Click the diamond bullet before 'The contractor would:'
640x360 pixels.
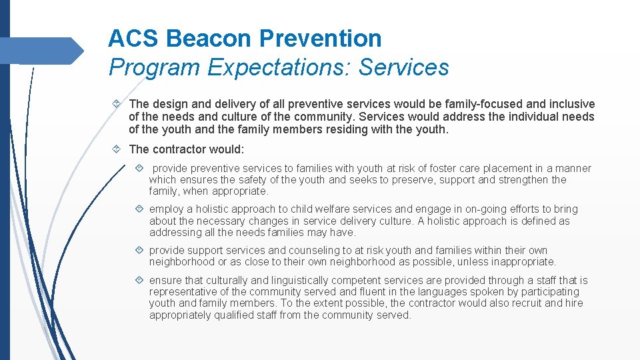pos(117,149)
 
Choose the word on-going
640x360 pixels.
pos(463,209)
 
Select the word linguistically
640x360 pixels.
pos(283,281)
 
